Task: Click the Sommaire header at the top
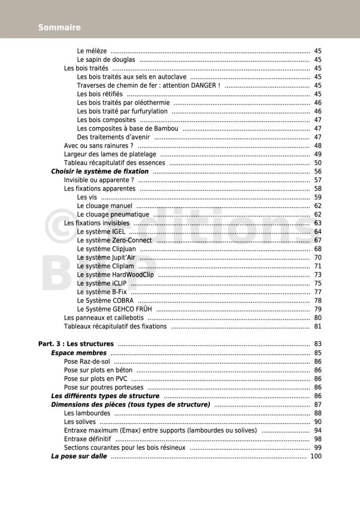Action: point(59,28)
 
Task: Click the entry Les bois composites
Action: point(106,120)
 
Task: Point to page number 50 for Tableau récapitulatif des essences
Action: point(318,163)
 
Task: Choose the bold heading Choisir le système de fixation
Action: point(100,172)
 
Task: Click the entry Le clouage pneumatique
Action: point(113,214)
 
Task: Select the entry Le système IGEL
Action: point(101,232)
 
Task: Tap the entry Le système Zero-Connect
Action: point(114,240)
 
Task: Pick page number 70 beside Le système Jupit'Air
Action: point(318,258)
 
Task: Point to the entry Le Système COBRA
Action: point(105,300)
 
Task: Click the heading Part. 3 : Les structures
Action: point(76,344)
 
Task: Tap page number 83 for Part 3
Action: point(318,344)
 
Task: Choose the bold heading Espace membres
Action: point(79,353)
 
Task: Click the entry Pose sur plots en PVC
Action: point(96,378)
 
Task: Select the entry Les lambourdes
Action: point(87,413)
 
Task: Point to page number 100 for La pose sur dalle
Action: point(316,456)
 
